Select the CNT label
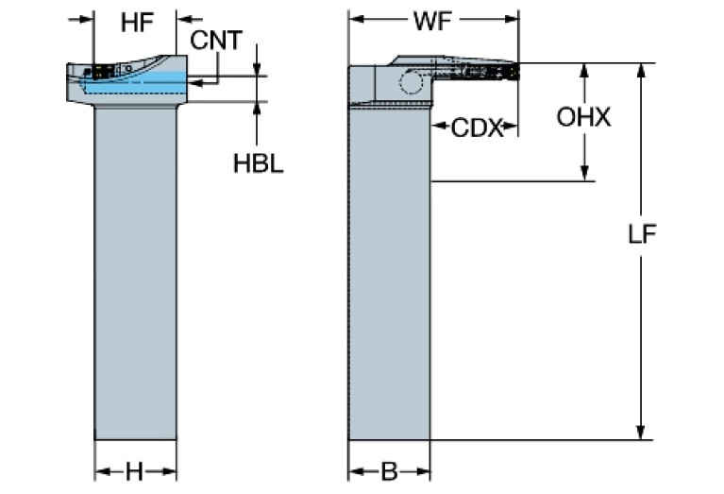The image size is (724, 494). coord(215,40)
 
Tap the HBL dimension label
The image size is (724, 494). coord(258,162)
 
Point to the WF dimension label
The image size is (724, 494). coord(433,19)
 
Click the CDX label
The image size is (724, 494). coord(477,128)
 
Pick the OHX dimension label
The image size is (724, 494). coord(583,118)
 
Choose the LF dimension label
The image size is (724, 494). coord(643,234)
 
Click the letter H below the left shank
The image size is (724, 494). coord(135,471)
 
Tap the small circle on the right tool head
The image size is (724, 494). coord(410,83)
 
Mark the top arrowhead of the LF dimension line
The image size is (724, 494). coord(643,71)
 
